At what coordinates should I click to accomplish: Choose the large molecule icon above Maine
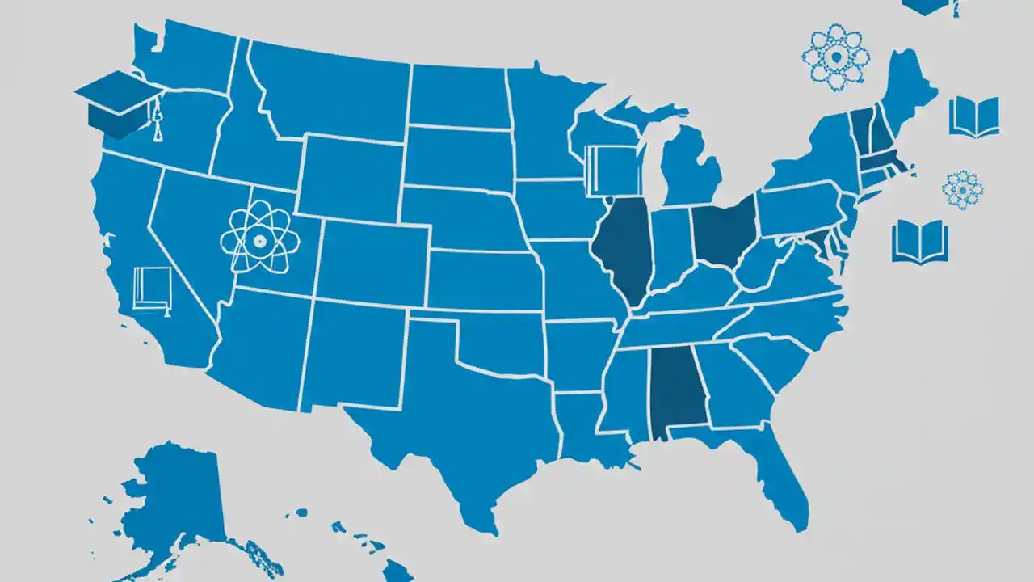[x=835, y=57]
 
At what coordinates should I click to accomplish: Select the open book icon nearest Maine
[x=974, y=117]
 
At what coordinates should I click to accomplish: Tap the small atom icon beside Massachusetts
[x=962, y=189]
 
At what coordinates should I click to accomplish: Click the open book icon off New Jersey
[x=919, y=242]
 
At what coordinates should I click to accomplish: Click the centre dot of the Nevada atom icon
[x=259, y=240]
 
